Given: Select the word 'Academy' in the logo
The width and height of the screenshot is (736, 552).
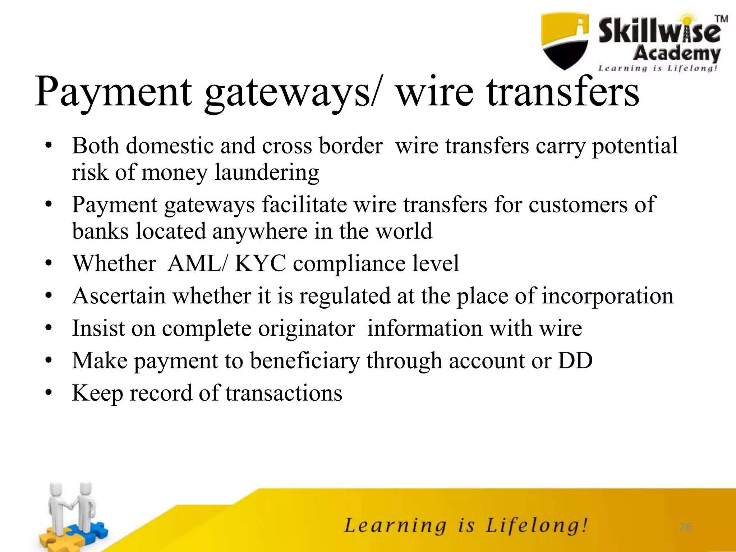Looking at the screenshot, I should point(676,54).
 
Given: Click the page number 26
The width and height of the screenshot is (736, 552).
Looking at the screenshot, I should point(685,527).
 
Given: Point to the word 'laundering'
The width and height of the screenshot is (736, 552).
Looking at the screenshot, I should point(267,172).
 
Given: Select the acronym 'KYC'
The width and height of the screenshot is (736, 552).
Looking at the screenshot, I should point(261,263).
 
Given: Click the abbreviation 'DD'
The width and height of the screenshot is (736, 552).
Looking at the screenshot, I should point(575,360).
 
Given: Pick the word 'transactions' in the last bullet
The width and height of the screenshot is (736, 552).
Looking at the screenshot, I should point(284,393).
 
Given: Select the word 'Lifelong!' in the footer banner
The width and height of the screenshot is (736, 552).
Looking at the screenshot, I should point(537,526).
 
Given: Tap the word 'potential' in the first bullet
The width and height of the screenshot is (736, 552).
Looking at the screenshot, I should point(635,146).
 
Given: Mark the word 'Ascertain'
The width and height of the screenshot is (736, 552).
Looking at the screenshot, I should point(119,296).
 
